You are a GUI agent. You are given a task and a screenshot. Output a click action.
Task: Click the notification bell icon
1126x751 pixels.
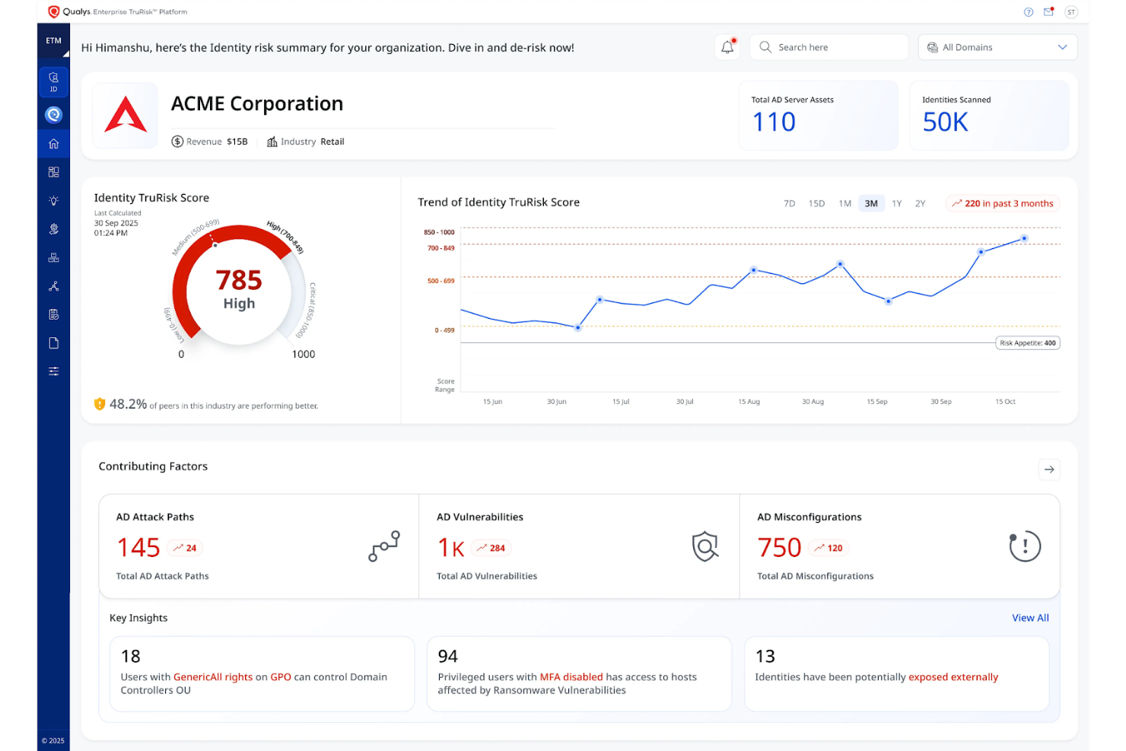(727, 47)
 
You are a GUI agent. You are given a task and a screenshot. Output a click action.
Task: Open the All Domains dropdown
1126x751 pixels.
(997, 47)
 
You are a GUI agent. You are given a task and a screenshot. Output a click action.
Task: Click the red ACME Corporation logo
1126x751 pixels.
(126, 115)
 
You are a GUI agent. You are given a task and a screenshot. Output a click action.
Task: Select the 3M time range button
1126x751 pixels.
(871, 203)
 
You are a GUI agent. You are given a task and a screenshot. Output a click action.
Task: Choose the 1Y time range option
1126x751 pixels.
(897, 203)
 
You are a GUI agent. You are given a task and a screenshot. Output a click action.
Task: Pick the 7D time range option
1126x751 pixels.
(789, 203)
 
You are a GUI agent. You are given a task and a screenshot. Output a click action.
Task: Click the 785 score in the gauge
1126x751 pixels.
(239, 280)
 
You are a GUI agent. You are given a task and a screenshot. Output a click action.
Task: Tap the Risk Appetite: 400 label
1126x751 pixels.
(1027, 343)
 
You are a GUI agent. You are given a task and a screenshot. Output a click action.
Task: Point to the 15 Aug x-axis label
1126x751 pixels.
(749, 401)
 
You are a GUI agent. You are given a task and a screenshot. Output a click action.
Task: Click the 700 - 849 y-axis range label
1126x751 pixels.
(441, 248)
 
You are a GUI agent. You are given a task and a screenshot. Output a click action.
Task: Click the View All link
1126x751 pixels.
(1030, 618)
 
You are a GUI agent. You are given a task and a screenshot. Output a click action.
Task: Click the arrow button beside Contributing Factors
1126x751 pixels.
(1049, 469)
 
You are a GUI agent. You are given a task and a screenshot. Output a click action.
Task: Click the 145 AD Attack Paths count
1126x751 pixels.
(138, 548)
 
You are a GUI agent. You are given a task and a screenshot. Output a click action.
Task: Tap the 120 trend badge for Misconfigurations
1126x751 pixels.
(829, 548)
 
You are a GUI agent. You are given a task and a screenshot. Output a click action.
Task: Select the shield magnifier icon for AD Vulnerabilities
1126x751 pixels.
(705, 546)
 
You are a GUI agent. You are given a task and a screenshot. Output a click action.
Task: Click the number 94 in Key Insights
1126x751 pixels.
(448, 656)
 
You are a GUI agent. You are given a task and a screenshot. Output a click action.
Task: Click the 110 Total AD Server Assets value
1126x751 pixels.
(774, 122)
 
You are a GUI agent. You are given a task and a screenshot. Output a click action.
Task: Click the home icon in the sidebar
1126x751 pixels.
(53, 144)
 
